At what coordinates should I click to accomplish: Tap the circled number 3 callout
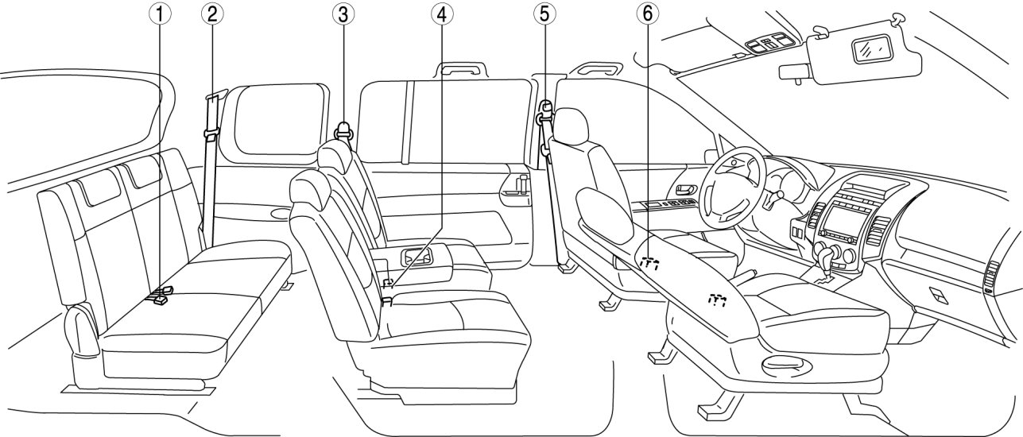[x=343, y=14]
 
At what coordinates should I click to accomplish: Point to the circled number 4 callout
[x=440, y=14]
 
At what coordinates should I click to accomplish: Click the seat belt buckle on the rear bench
[x=161, y=296]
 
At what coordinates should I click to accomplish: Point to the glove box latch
[x=939, y=296]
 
